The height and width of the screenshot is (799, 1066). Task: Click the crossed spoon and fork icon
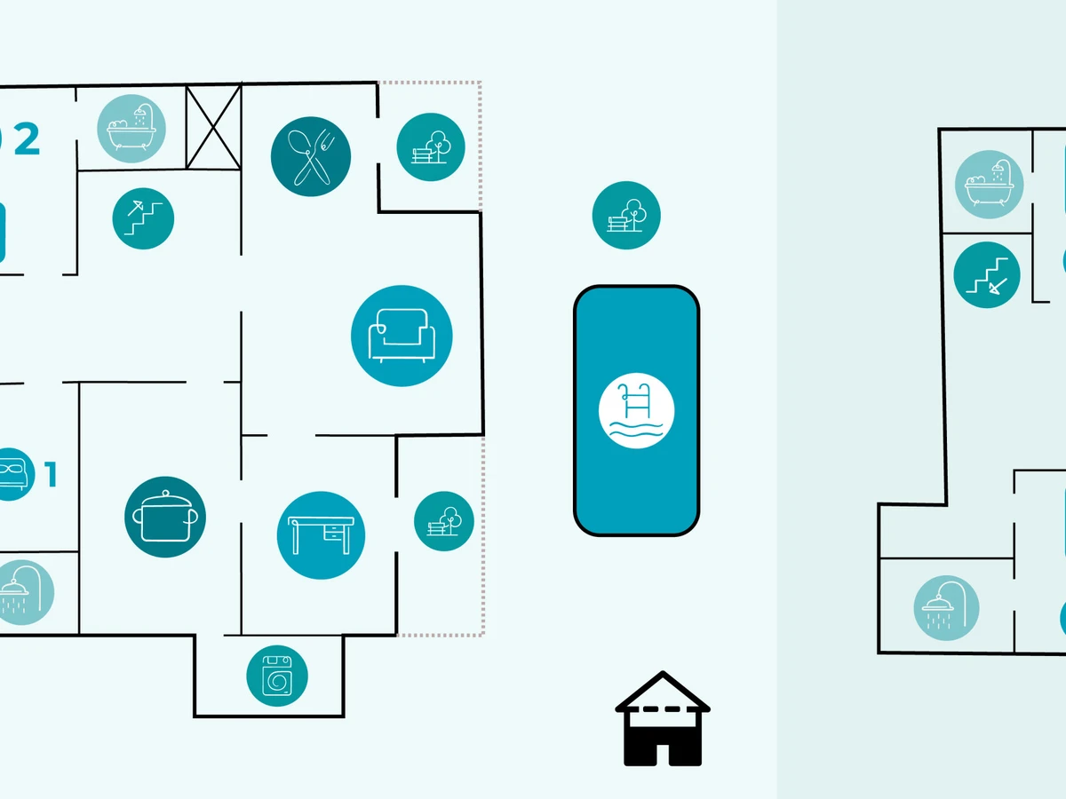coord(310,156)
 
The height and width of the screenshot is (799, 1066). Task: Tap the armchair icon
coord(402,336)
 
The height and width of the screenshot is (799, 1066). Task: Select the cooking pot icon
coord(165,517)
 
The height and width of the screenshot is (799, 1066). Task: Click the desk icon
coord(321,535)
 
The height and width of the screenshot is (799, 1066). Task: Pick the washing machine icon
coord(277,676)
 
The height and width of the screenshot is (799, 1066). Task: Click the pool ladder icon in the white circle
coord(636,410)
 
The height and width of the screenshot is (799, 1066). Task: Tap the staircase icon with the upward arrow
coord(143,218)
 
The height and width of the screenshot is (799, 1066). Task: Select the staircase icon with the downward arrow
coord(987,275)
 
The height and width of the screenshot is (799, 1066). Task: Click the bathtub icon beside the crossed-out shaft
coord(131,129)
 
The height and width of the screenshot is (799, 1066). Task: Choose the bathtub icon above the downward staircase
coord(990,185)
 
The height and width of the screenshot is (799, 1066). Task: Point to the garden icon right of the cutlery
coord(431,147)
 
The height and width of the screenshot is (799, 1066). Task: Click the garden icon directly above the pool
coord(626,216)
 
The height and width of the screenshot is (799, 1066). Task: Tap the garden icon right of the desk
coord(444,521)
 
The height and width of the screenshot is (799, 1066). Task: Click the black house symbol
coord(663,718)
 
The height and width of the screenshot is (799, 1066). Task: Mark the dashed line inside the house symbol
coord(663,709)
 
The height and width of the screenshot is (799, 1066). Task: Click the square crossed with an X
coord(214,127)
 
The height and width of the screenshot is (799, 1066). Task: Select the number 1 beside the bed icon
coord(52,474)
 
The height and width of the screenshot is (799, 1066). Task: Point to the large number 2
coord(28,138)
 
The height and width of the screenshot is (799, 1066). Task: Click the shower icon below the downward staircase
coord(946,608)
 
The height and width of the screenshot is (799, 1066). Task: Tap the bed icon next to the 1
coord(13,474)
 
